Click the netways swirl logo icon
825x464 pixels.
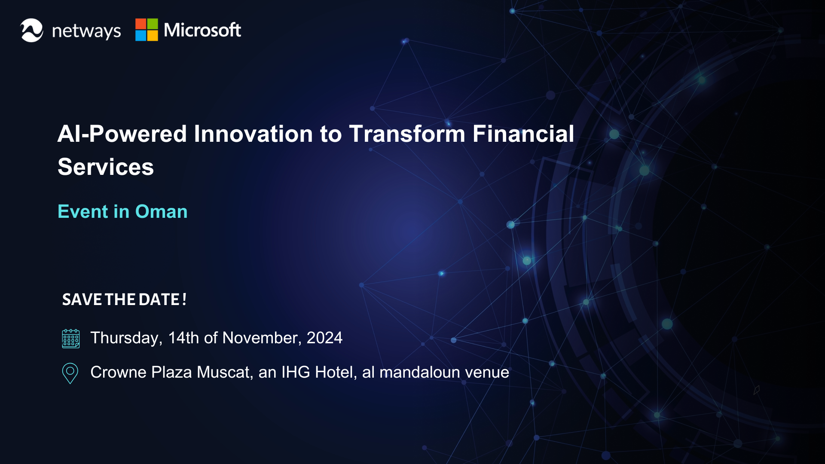[x=32, y=30]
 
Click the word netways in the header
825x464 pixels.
[x=86, y=31]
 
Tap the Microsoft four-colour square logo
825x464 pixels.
[x=147, y=30]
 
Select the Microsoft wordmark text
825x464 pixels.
[x=202, y=30]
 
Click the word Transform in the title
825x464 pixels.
[x=407, y=134]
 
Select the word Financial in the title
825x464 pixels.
[x=523, y=134]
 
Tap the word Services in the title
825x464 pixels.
[x=106, y=167]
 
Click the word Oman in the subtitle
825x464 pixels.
[x=162, y=211]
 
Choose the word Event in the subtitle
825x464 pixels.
[x=83, y=211]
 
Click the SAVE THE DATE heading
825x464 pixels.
[x=124, y=299]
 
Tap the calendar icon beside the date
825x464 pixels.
[x=71, y=339]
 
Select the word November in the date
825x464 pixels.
[x=262, y=338]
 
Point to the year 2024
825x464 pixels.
[x=324, y=338]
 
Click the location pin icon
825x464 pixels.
[x=70, y=373]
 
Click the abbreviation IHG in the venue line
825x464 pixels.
[x=296, y=372]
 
